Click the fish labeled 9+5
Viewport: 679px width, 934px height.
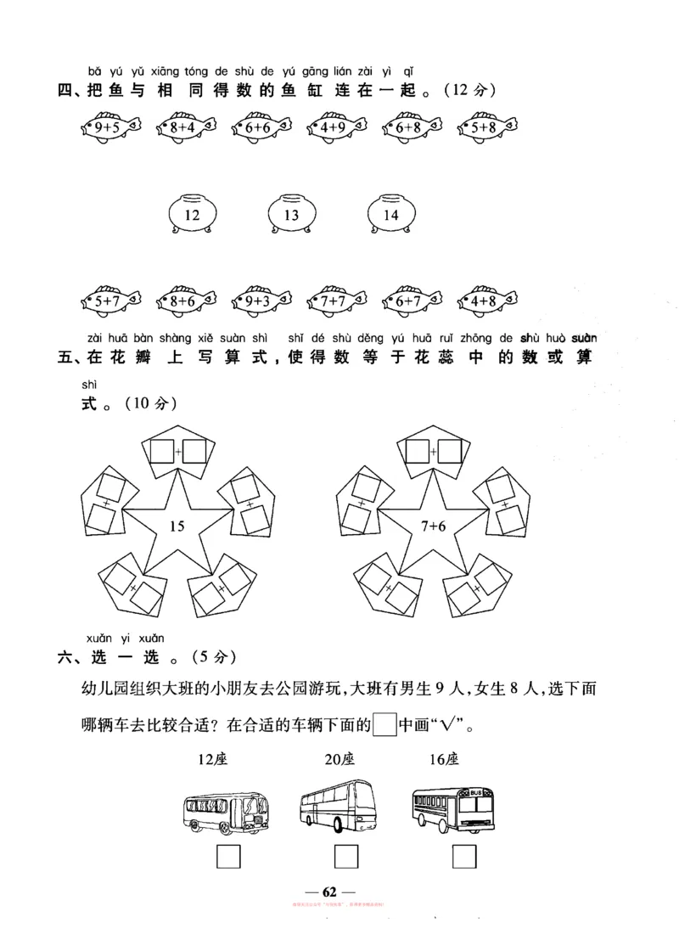pos(110,127)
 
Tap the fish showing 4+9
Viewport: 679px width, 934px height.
pos(337,127)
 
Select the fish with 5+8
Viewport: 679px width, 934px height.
pos(487,127)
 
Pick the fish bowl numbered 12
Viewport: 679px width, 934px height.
pos(193,215)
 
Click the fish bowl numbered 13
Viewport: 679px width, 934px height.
pos(291,215)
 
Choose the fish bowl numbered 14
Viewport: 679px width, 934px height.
pos(390,215)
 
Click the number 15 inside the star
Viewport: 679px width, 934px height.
pos(177,526)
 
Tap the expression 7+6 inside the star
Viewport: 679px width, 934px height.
pos(431,526)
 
